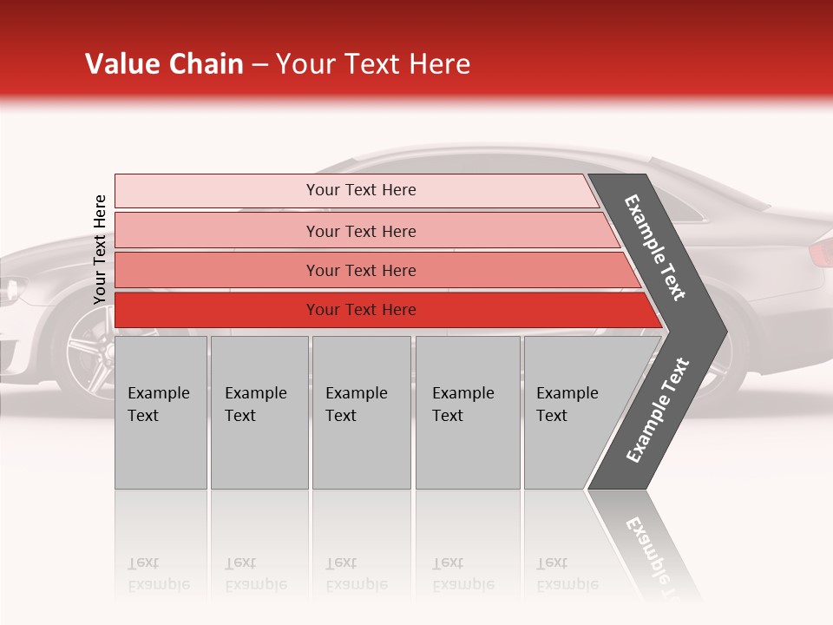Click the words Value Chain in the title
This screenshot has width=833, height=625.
coord(164,64)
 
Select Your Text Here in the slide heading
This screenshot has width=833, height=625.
coord(373,64)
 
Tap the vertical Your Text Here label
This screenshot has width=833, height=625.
coord(100,249)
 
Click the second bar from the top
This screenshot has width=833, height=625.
coord(360,231)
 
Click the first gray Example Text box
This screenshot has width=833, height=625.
coord(161,412)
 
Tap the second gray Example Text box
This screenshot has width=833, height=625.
coord(259,412)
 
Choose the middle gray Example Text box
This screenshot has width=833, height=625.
coord(361,412)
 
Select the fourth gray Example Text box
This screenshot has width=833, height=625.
coord(467,412)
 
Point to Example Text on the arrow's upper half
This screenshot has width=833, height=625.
coord(656,247)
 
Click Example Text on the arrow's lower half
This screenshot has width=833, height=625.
coord(658,411)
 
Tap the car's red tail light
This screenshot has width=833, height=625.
coord(820,253)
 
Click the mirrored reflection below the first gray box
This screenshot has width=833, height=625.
coord(161,547)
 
